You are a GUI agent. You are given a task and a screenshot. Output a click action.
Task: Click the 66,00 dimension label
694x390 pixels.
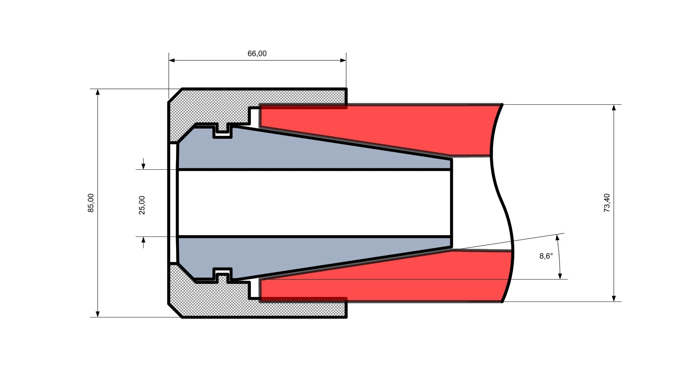point(257,54)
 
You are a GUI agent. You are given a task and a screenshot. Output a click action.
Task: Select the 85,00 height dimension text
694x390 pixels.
point(91,203)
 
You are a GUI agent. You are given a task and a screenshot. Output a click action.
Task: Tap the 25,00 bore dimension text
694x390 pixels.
point(142,205)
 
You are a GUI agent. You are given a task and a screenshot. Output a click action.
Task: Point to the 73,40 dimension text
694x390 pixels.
point(607,203)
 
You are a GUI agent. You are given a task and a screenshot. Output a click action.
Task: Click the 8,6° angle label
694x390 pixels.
point(546,256)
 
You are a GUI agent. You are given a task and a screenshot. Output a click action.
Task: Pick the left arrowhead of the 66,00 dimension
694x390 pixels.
point(172,60)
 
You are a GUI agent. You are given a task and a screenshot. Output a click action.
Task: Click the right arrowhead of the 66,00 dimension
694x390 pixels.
point(343,60)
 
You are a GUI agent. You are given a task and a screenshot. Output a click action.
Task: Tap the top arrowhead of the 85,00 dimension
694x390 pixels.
point(98,92)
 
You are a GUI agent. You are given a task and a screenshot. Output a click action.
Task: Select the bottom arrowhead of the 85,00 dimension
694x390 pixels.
point(98,314)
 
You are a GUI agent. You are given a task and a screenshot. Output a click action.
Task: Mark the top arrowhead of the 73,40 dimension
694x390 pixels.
point(614,108)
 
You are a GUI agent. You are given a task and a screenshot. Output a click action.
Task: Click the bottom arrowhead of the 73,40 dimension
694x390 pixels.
point(614,298)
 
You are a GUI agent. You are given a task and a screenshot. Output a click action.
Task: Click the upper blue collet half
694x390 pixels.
point(289,152)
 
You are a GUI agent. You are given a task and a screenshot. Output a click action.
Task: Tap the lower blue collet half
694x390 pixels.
point(289,255)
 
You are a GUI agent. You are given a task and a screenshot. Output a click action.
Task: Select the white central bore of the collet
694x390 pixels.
point(314,203)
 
